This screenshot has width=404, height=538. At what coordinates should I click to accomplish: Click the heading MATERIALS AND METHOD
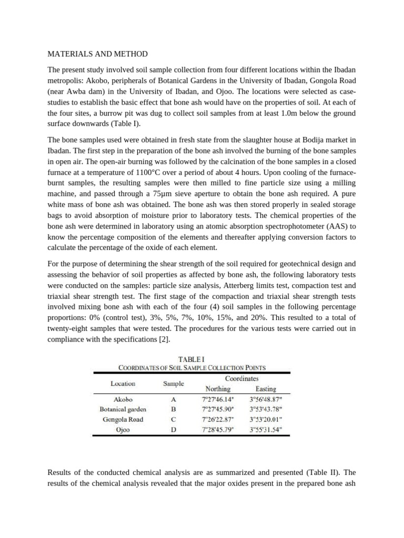click(x=98, y=54)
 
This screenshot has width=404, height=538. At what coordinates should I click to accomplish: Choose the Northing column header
click(x=217, y=389)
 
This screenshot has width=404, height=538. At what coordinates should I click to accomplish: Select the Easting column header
click(x=266, y=389)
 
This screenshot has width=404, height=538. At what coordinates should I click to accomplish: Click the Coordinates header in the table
click(x=241, y=378)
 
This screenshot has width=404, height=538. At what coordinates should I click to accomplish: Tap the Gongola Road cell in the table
click(x=123, y=419)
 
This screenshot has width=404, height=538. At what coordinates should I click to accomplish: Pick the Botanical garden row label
click(x=123, y=409)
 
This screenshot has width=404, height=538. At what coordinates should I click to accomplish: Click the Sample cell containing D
click(x=173, y=430)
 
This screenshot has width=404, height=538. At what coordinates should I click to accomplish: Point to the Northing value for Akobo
click(x=217, y=399)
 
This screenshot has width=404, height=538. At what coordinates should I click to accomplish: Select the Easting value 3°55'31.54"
click(x=266, y=430)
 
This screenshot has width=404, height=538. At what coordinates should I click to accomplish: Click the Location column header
click(x=123, y=384)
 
